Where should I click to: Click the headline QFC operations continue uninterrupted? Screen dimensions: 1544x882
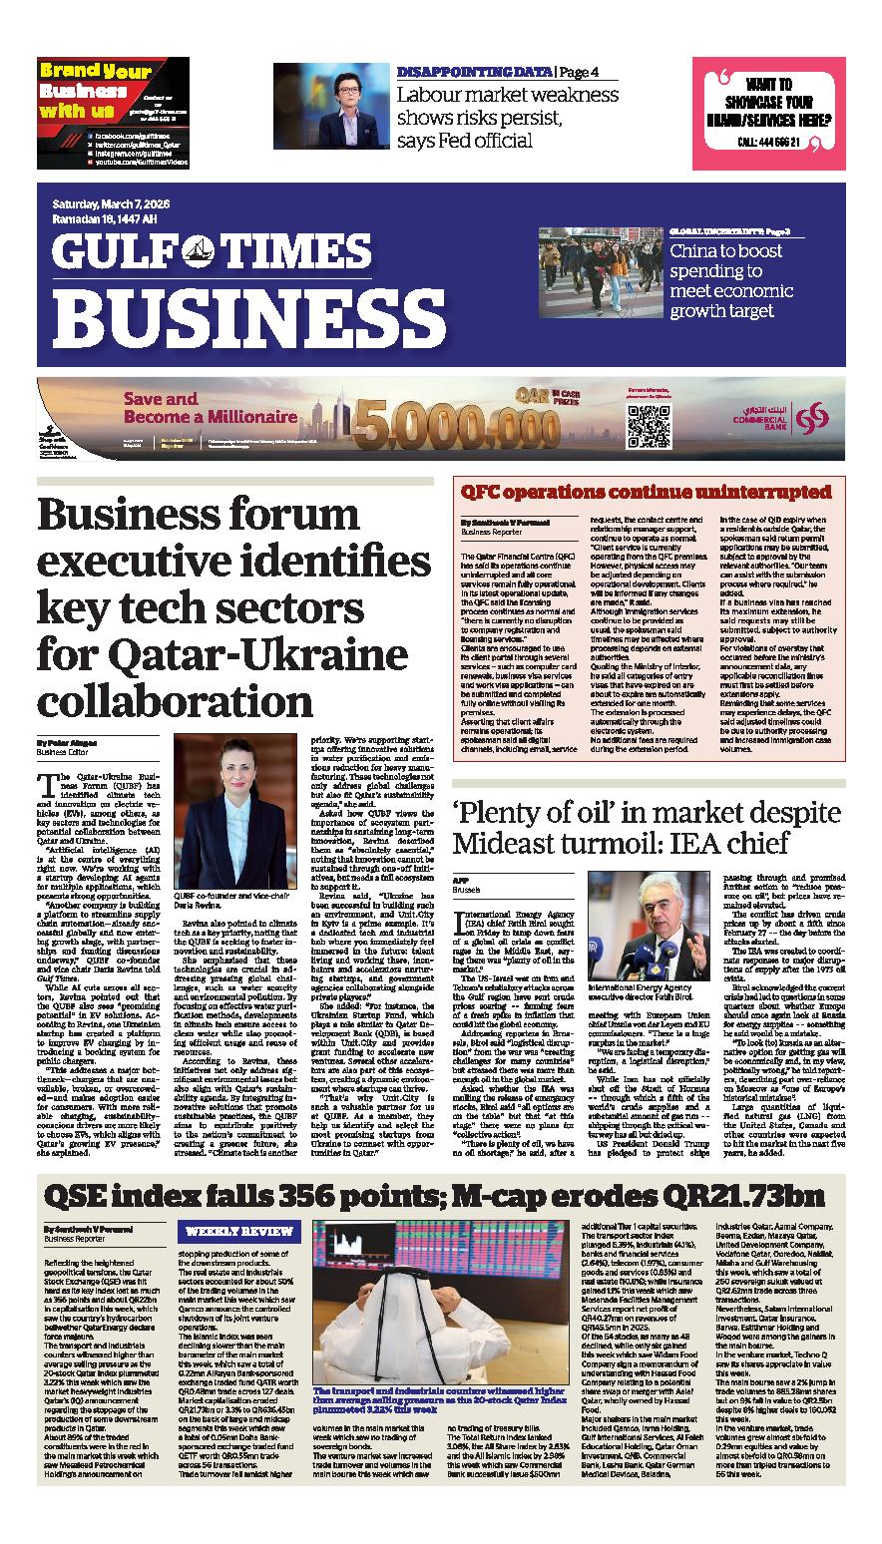point(646,492)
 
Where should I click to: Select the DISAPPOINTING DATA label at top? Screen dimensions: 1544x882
point(474,72)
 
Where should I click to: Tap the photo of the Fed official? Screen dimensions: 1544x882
point(331,107)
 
